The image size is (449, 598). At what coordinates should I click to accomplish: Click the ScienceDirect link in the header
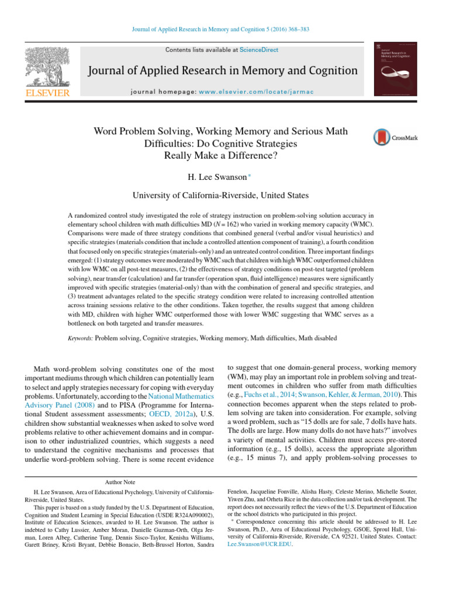click(x=263, y=50)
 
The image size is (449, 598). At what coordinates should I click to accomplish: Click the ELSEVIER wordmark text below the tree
click(x=47, y=92)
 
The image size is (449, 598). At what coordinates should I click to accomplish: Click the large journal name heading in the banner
click(x=223, y=71)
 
